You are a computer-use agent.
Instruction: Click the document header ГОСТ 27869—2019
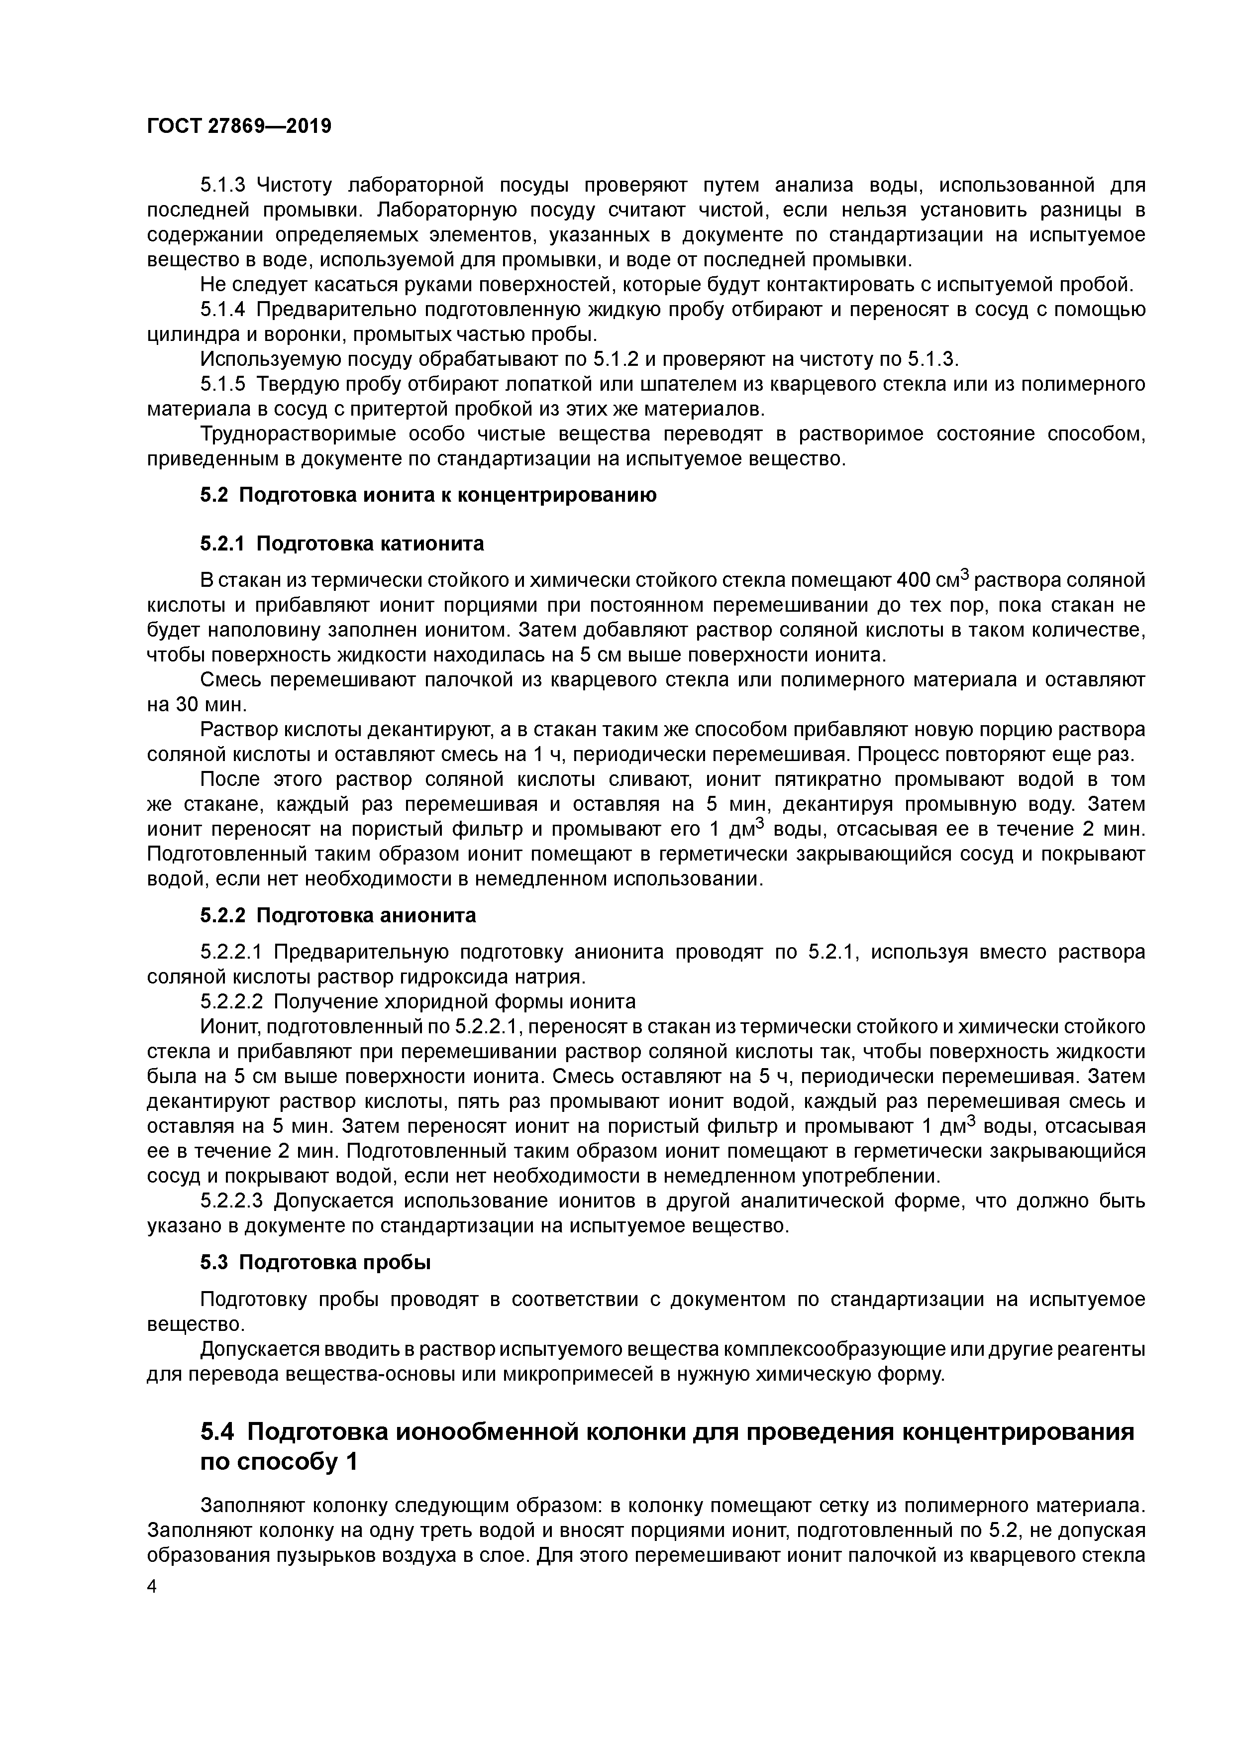coord(239,126)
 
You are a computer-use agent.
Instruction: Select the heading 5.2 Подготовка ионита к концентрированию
coord(428,495)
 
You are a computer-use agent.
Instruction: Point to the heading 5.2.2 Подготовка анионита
coord(338,915)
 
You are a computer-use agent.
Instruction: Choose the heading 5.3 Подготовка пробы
coord(315,1262)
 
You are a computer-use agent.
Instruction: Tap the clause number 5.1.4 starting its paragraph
coord(223,310)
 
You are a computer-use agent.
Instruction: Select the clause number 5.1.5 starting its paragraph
coord(223,384)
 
